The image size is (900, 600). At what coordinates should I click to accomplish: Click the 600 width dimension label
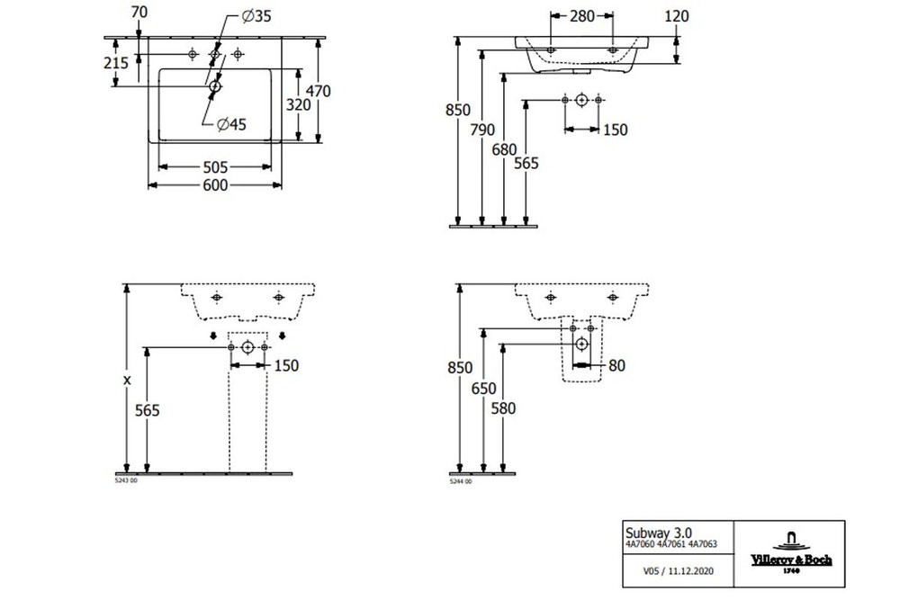pyautogui.click(x=214, y=185)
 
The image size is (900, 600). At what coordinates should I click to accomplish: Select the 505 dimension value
pyautogui.click(x=214, y=166)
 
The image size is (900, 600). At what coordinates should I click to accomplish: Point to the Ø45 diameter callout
pyautogui.click(x=230, y=125)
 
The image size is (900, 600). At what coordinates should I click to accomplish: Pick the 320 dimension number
pyautogui.click(x=298, y=104)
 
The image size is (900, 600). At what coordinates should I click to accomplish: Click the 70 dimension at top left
pyautogui.click(x=139, y=13)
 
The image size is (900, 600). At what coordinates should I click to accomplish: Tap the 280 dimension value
pyautogui.click(x=581, y=15)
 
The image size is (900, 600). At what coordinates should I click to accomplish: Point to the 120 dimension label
pyautogui.click(x=676, y=15)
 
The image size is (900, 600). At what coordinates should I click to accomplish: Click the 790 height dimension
pyautogui.click(x=482, y=130)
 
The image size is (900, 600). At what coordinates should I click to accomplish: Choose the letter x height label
pyautogui.click(x=128, y=380)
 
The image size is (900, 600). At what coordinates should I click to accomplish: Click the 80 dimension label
pyautogui.click(x=616, y=365)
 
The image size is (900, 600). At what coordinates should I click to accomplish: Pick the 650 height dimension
pyautogui.click(x=483, y=388)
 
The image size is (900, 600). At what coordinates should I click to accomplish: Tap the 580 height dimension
pyautogui.click(x=506, y=407)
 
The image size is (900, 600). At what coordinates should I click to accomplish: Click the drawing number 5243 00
pyautogui.click(x=127, y=481)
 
